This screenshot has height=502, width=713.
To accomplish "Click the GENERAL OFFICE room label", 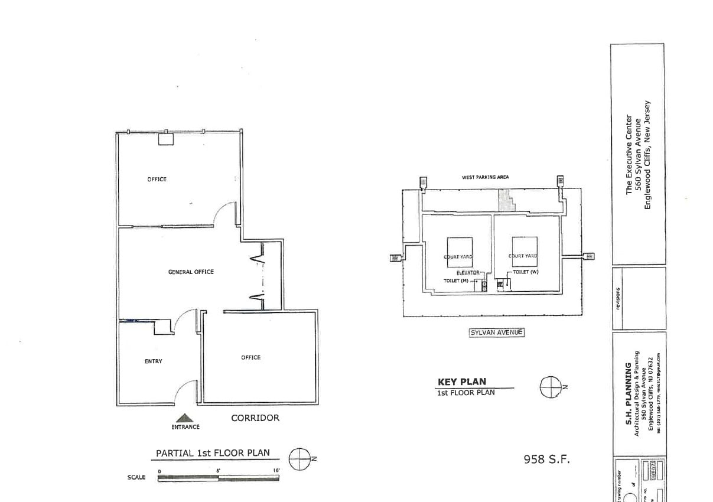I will point(191,272).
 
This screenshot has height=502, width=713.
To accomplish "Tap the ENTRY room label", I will point(153,361).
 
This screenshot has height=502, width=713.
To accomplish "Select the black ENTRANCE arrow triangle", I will point(185,418).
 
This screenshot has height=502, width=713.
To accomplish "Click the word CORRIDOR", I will point(255,418).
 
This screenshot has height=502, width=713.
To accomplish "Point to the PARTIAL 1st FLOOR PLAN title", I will point(213,454).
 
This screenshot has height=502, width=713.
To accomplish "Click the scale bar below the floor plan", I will point(219,478).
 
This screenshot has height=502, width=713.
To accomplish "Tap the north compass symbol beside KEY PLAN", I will point(549,387).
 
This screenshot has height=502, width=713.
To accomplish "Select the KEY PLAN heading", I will point(461,382).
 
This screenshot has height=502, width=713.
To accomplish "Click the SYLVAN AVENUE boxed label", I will point(497,333).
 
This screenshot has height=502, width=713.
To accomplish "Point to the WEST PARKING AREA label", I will point(485,177).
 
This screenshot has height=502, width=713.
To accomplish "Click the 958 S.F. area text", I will point(546,459).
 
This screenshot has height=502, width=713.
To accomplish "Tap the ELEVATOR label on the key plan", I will point(468,273).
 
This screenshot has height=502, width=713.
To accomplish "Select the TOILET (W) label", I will point(525,272).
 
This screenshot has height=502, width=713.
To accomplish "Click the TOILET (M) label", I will point(455,281).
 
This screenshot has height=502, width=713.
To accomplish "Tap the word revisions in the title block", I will point(618,298).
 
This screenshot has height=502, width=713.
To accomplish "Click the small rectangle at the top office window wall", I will point(165,139).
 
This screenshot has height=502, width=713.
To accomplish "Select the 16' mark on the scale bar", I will point(276,471).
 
